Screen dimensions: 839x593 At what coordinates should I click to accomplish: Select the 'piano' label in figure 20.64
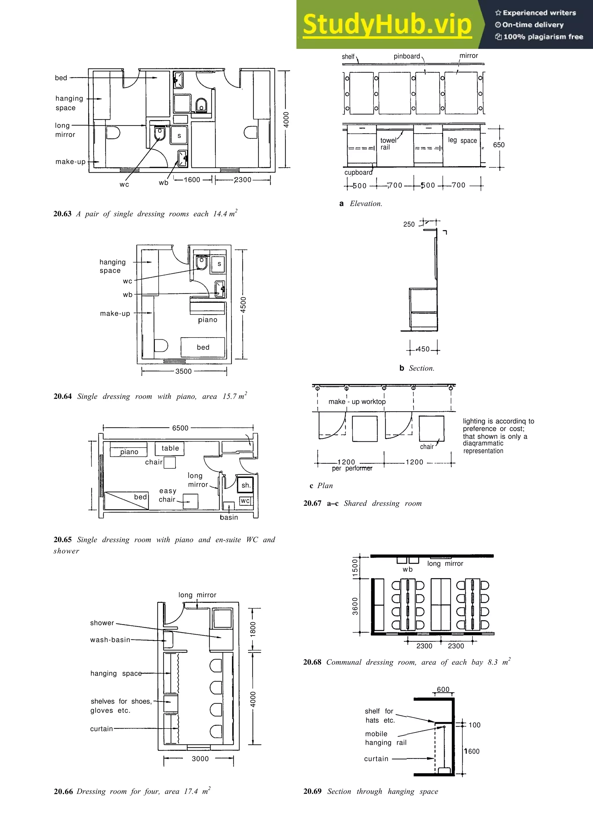point(208,320)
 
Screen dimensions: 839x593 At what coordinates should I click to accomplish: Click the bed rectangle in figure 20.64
point(203,347)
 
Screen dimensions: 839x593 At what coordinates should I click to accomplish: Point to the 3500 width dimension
point(183,371)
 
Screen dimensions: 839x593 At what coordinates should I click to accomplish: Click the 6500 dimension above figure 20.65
point(180,428)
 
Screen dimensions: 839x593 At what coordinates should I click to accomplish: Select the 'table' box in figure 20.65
point(170,448)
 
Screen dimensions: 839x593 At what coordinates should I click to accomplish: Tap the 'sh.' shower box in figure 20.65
point(246,485)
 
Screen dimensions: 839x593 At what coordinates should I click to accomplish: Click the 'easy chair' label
point(167,495)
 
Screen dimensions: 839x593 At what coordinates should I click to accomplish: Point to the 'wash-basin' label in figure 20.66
point(110,640)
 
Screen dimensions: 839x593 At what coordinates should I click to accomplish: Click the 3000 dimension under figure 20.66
point(200,759)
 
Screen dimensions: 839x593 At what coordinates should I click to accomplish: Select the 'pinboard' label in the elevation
point(407,56)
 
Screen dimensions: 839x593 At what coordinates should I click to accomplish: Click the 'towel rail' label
point(388,144)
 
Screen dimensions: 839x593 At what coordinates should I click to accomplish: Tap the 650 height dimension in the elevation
point(498,145)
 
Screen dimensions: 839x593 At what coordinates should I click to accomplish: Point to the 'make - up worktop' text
point(357,402)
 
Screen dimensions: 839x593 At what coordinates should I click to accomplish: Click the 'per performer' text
point(352,468)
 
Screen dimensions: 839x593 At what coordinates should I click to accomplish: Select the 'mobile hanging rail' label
point(385,738)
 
